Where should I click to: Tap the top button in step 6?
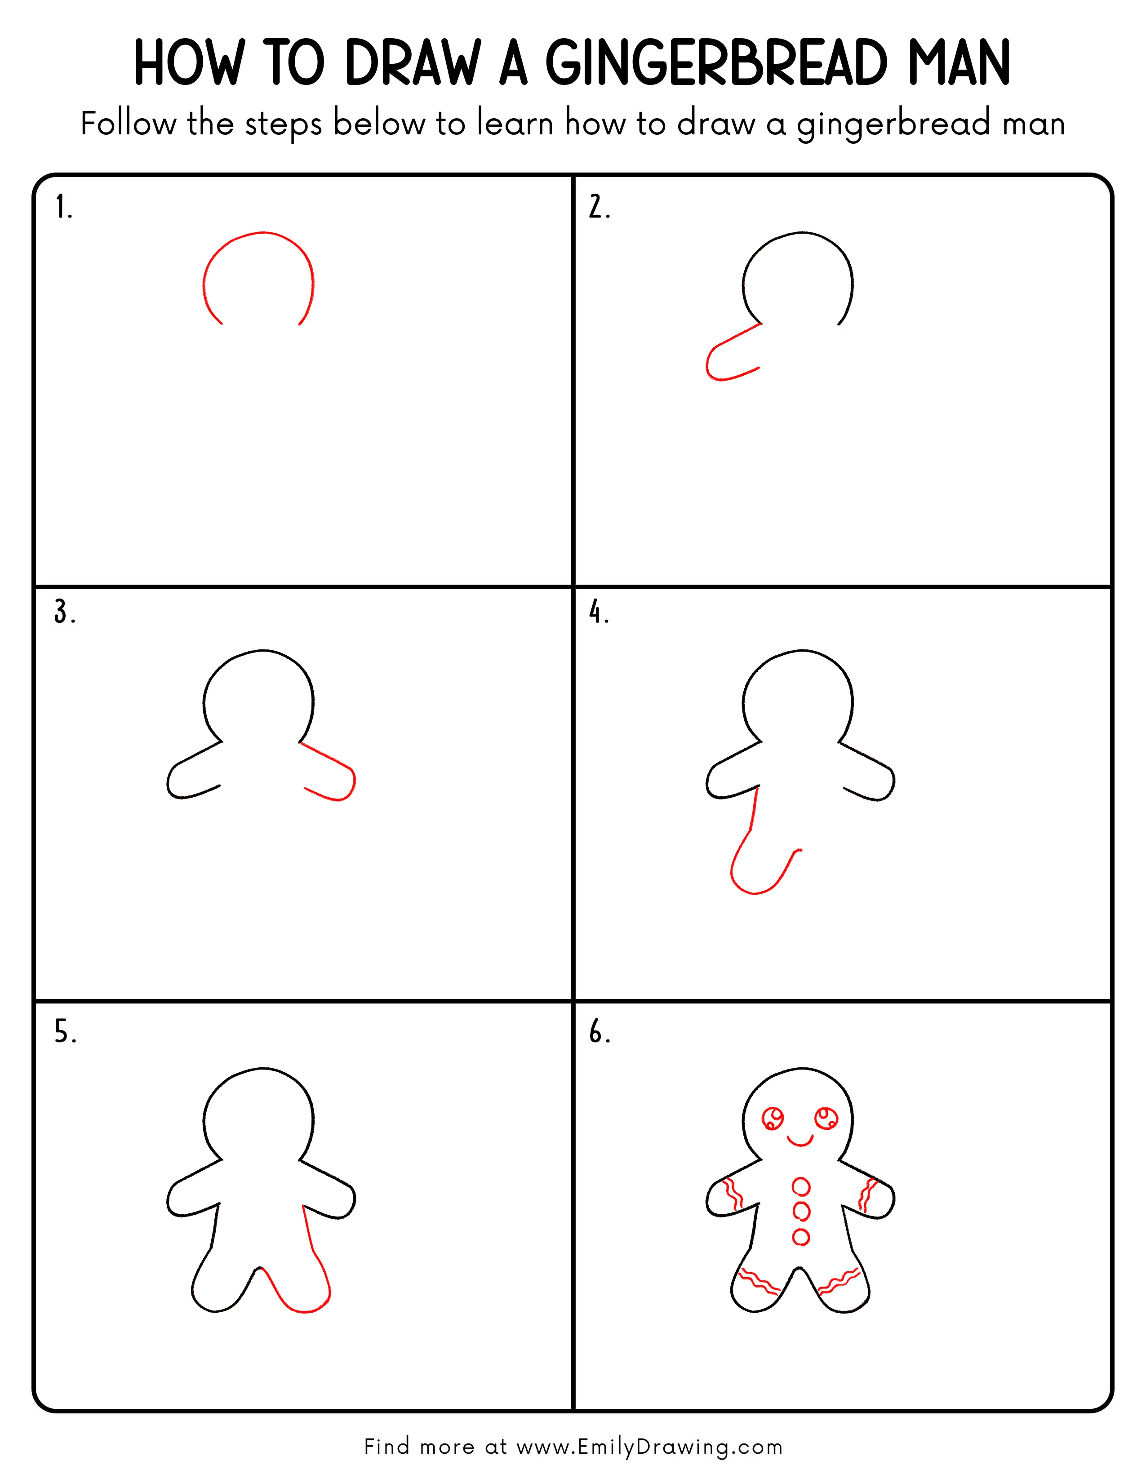coord(801,1187)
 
